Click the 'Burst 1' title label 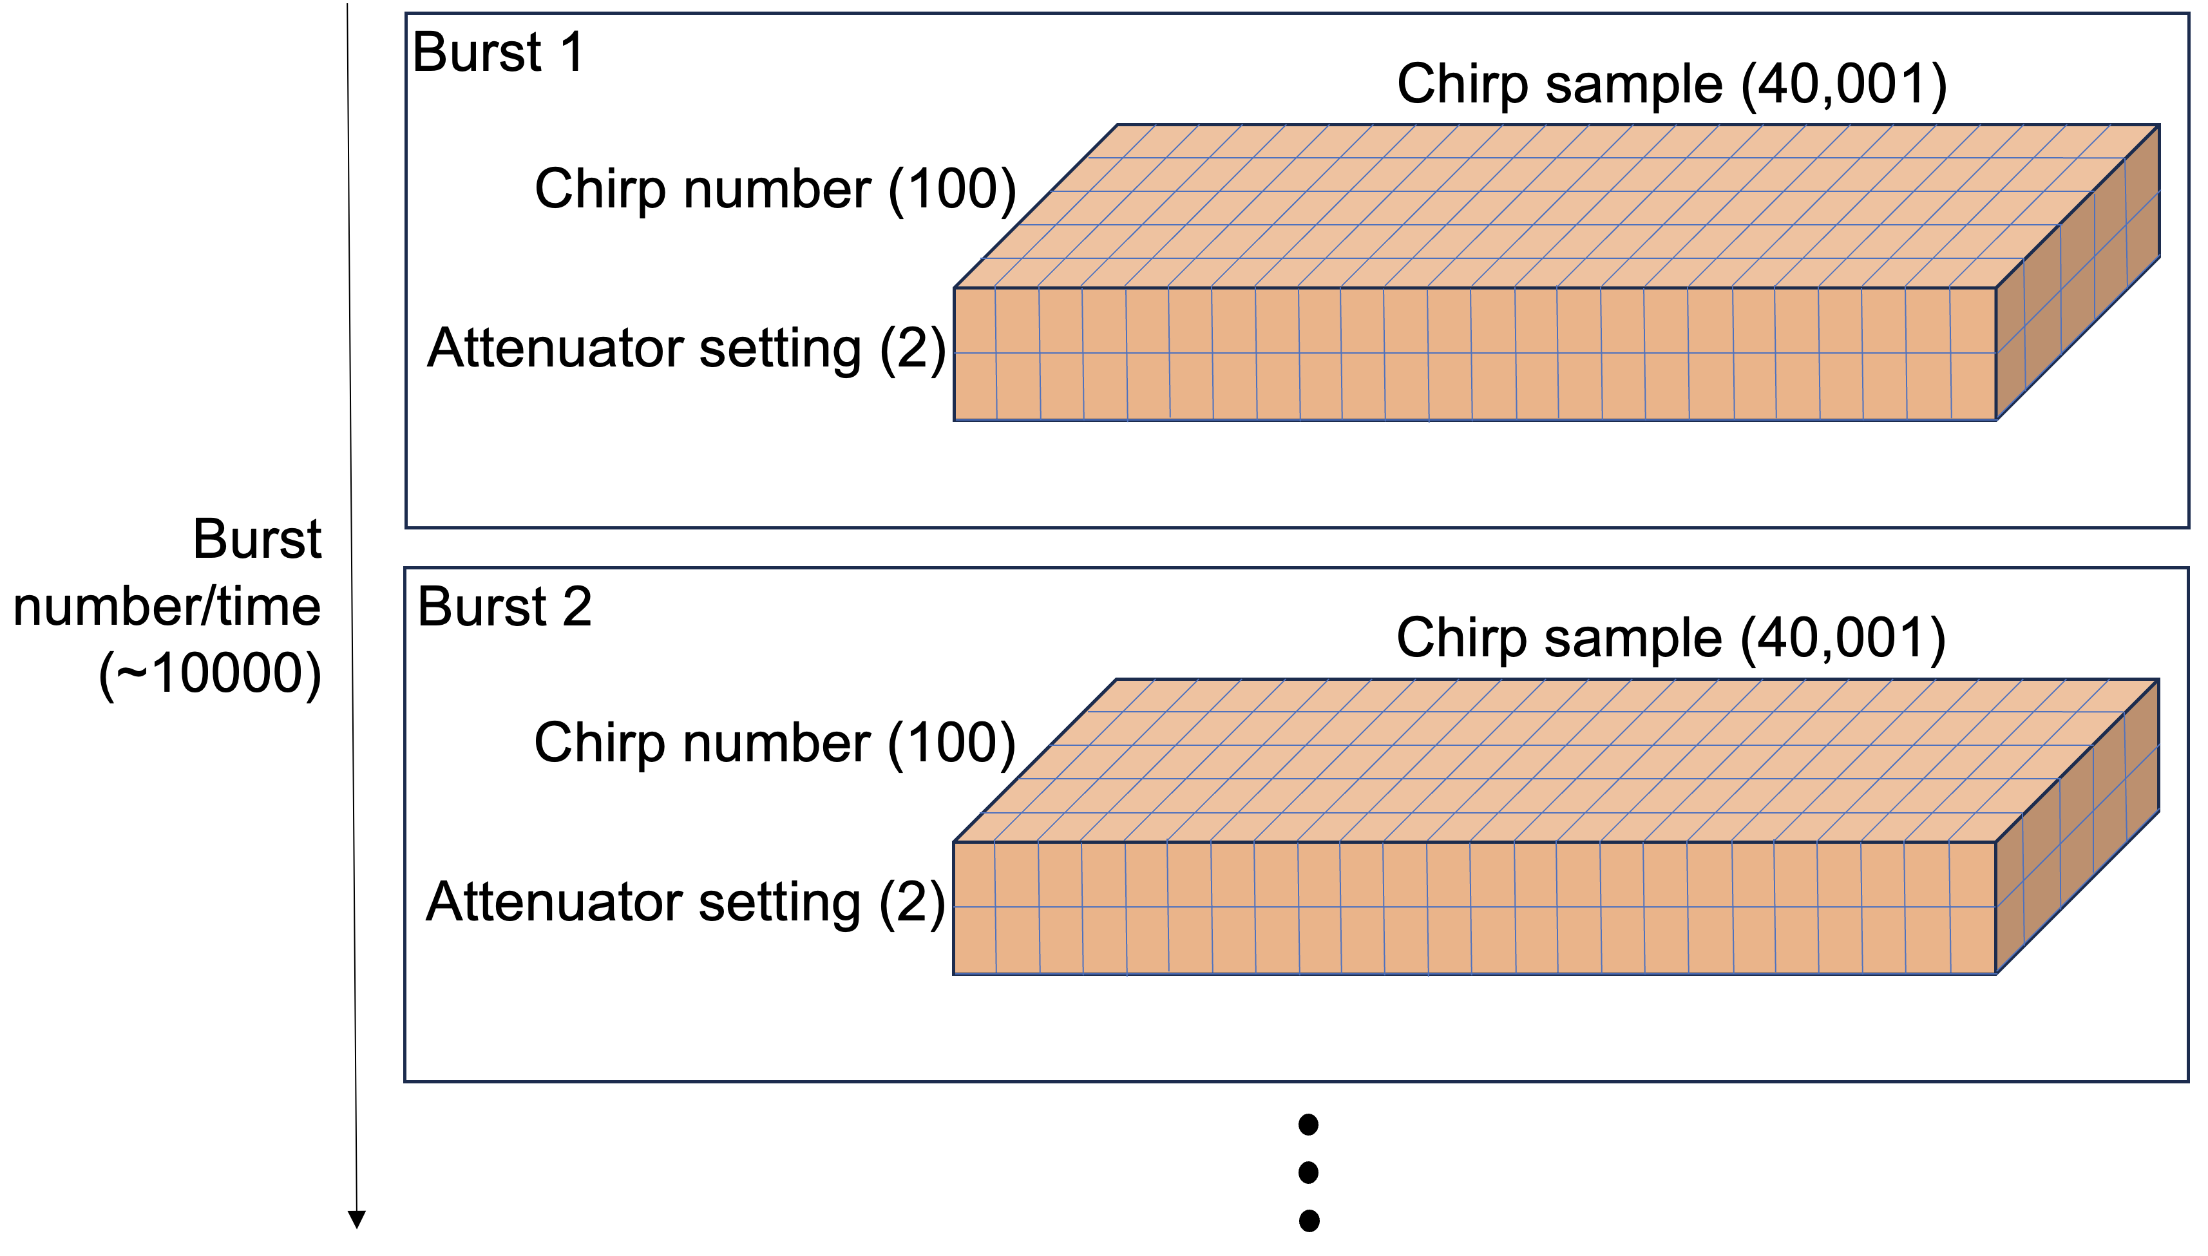[x=499, y=53]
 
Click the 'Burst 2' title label [x=504, y=607]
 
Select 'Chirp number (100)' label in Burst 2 [x=774, y=743]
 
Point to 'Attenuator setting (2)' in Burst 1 [x=687, y=348]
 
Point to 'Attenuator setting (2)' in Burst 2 [x=686, y=902]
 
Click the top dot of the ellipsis [x=1308, y=1124]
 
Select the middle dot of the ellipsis [x=1308, y=1172]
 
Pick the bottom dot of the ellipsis [x=1308, y=1221]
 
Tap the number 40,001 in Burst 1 [x=1844, y=84]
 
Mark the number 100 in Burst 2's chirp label [x=951, y=743]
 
